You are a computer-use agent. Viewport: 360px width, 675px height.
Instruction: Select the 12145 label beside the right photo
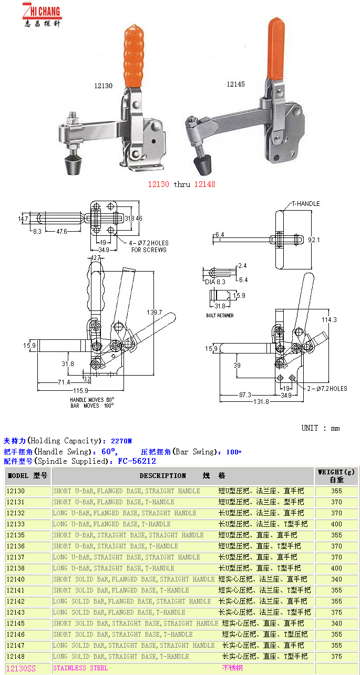pos(235,84)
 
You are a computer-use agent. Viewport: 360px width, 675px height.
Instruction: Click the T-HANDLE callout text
pos(306,204)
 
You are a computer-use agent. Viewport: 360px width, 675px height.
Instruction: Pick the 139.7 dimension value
pos(155,312)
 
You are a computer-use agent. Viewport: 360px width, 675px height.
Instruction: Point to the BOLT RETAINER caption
pos(220,316)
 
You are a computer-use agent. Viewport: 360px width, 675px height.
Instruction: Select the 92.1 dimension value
pos(314,240)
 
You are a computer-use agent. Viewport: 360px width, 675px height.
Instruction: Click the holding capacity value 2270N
pos(122,441)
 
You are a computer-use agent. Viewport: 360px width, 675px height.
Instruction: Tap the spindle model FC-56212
pos(137,461)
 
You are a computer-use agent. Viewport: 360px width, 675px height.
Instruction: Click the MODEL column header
pos(27,476)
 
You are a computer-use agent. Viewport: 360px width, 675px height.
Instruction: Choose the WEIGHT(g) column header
pos(336,476)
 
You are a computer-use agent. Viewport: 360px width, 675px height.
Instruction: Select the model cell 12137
pos(16,557)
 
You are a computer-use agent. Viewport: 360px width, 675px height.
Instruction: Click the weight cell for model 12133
pos(336,524)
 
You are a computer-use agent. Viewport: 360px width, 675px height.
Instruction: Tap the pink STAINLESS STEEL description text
pos(80,668)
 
